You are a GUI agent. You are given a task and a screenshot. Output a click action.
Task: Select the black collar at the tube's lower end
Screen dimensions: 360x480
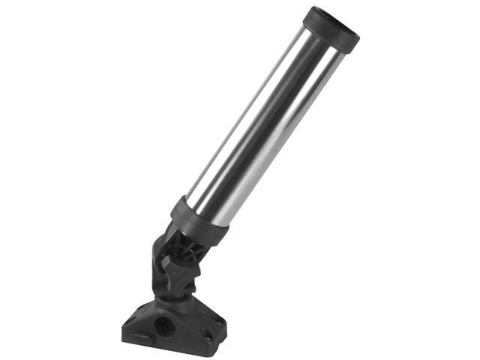(196, 220)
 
